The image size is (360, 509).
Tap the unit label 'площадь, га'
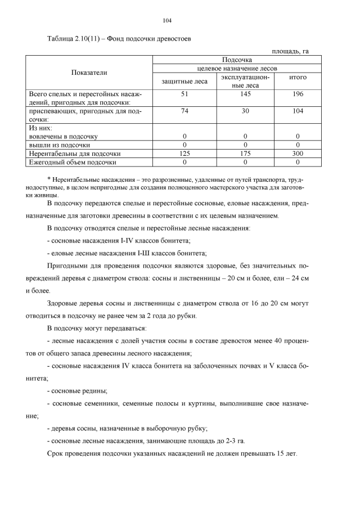click(290, 51)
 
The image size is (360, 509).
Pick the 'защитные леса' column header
click(184, 82)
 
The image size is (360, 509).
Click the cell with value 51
click(184, 94)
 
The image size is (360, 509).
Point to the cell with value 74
click(184, 111)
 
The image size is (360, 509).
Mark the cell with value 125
click(184, 153)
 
